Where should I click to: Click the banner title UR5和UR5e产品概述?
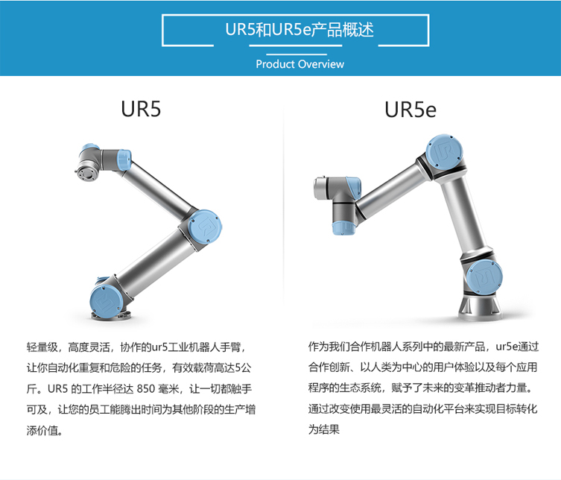299,30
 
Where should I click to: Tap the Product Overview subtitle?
299,64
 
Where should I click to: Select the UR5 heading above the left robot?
141,109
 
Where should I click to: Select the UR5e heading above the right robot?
411,110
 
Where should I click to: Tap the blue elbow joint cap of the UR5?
205,227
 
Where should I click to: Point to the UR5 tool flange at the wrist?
86,173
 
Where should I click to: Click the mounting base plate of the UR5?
110,315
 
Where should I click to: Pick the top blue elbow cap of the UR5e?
445,152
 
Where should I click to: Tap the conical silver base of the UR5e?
480,308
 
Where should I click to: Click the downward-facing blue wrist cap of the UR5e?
343,228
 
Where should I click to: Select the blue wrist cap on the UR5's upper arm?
124,160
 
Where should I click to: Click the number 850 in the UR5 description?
145,388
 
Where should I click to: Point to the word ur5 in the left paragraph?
159,347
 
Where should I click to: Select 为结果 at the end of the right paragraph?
324,429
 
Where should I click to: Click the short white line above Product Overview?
297,54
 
